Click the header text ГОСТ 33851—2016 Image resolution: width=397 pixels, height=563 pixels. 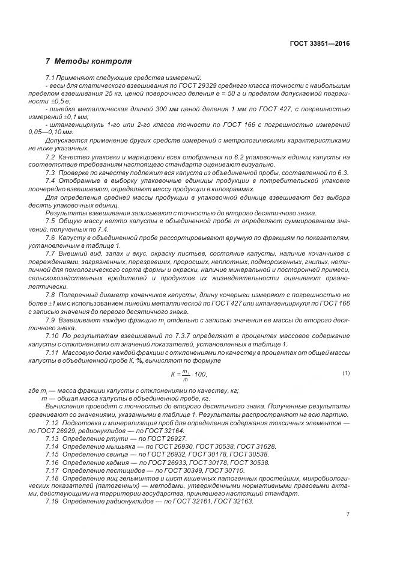click(320, 43)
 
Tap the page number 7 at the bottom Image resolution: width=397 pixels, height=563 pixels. click(348, 514)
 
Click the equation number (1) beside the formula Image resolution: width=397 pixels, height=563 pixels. click(345, 374)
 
